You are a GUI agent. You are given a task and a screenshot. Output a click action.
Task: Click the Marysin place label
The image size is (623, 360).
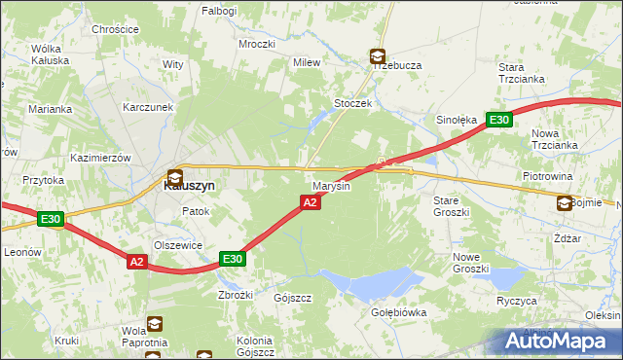point(331,185)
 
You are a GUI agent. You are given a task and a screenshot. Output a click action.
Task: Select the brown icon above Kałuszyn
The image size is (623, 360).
point(174,176)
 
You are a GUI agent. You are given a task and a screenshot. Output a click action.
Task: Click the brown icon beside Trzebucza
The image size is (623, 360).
point(377,57)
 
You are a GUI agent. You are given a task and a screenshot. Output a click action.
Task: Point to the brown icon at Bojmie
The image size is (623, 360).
point(565,202)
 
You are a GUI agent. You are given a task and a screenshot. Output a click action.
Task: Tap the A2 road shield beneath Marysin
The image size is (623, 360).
point(309,201)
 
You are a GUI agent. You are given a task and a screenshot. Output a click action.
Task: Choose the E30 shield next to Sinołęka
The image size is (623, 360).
point(498,120)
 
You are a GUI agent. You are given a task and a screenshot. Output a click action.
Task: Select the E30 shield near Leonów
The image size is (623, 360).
point(52,220)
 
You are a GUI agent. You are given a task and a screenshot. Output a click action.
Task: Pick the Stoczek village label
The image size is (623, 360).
point(353,103)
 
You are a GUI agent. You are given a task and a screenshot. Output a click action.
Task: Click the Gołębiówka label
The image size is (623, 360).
point(399,312)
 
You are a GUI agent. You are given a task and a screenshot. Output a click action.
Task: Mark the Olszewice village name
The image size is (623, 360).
point(178,246)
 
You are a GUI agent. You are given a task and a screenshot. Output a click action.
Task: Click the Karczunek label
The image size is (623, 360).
point(147,107)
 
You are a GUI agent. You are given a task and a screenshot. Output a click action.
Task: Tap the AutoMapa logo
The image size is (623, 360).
point(559,342)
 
